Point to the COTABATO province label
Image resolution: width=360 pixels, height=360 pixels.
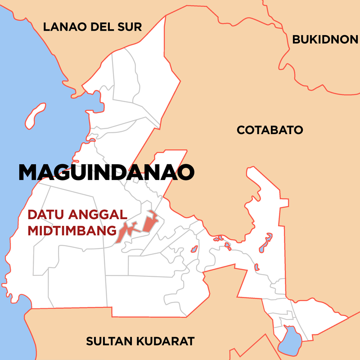270,130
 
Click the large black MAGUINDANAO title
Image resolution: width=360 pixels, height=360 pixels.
106,172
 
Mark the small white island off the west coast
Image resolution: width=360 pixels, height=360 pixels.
36,115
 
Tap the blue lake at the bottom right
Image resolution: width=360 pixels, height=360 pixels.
290,341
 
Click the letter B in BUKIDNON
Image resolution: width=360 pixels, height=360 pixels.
296,40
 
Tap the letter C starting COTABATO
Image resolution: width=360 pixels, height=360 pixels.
241,130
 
